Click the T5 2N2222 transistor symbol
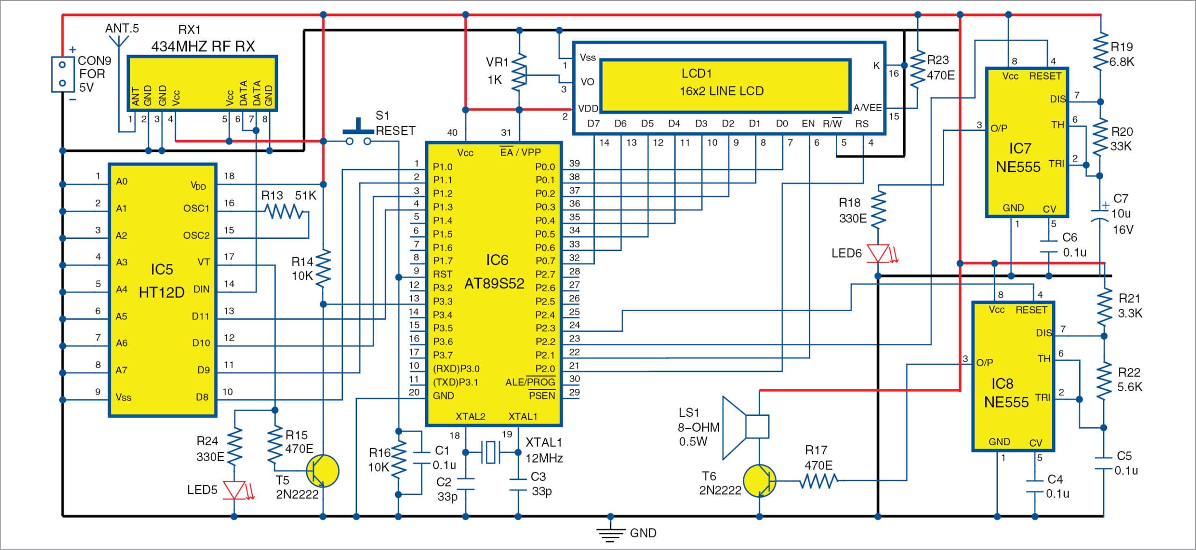(x=322, y=471)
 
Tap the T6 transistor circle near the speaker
(x=759, y=480)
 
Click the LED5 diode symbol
(x=235, y=490)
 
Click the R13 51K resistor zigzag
(x=284, y=212)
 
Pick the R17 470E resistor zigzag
(x=819, y=480)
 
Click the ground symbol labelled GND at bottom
(x=610, y=533)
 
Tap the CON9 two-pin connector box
(x=63, y=74)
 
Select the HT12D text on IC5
(x=162, y=293)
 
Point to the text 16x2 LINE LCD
(x=721, y=91)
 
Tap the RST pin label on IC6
(x=442, y=274)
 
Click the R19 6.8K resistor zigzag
(x=1101, y=52)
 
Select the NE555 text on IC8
(x=1006, y=402)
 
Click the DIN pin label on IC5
(x=201, y=289)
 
